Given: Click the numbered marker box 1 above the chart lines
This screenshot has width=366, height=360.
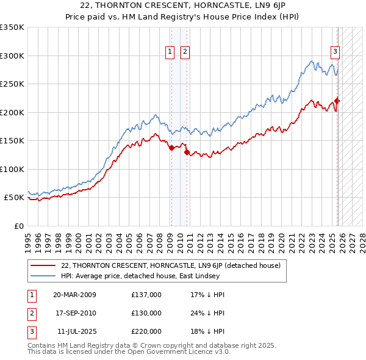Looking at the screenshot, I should tap(170, 52).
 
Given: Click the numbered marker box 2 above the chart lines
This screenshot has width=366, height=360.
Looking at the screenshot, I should tap(184, 52).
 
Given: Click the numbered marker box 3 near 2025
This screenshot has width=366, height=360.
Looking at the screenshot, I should tap(335, 52).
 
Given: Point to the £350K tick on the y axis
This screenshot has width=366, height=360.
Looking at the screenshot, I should tap(12, 27).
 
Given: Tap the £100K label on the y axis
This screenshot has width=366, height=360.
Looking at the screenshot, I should tap(12, 169).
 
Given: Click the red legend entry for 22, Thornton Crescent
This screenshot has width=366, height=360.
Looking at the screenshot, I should tap(170, 265).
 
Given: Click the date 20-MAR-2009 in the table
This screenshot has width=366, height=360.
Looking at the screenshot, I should tap(74, 295).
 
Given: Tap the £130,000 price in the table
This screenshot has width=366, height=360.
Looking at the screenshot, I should tap(146, 313).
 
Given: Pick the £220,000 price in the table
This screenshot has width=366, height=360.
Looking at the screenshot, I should tap(146, 331).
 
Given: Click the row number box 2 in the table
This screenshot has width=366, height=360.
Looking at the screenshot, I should tap(30, 313).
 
